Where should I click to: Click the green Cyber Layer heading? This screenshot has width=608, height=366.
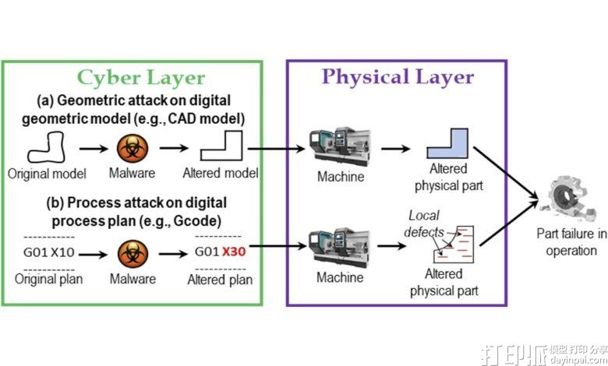140,78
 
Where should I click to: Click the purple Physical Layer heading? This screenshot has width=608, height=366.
398,76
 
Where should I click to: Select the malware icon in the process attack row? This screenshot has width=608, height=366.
133,252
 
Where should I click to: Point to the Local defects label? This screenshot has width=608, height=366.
424,223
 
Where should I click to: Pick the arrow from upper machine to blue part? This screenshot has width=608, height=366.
397,147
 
